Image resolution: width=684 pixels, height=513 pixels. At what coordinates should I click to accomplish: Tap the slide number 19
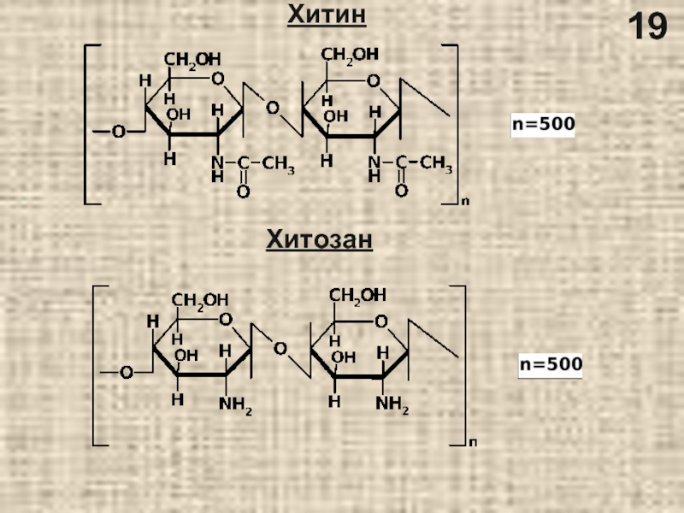click(648, 28)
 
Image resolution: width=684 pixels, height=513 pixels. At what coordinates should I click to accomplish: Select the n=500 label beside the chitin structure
click(543, 125)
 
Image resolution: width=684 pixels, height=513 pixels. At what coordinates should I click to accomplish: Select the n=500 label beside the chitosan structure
click(551, 365)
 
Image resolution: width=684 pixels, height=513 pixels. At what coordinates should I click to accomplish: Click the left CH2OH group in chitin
click(192, 59)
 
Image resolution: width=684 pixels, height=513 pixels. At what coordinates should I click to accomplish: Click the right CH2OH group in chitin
click(350, 55)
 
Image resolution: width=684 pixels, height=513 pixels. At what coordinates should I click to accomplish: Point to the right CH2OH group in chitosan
click(358, 295)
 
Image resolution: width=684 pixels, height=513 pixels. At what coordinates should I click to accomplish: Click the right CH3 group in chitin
click(435, 164)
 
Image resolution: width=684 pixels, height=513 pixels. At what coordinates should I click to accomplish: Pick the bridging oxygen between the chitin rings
click(272, 109)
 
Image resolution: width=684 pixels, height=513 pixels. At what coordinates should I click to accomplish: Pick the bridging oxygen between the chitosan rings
click(280, 349)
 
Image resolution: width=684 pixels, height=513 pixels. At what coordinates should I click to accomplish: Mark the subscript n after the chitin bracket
click(464, 202)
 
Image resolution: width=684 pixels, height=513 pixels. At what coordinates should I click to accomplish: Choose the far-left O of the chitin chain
click(118, 132)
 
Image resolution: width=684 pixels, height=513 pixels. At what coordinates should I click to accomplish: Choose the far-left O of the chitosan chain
click(126, 372)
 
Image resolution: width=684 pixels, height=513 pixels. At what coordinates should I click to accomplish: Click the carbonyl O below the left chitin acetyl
click(243, 192)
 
